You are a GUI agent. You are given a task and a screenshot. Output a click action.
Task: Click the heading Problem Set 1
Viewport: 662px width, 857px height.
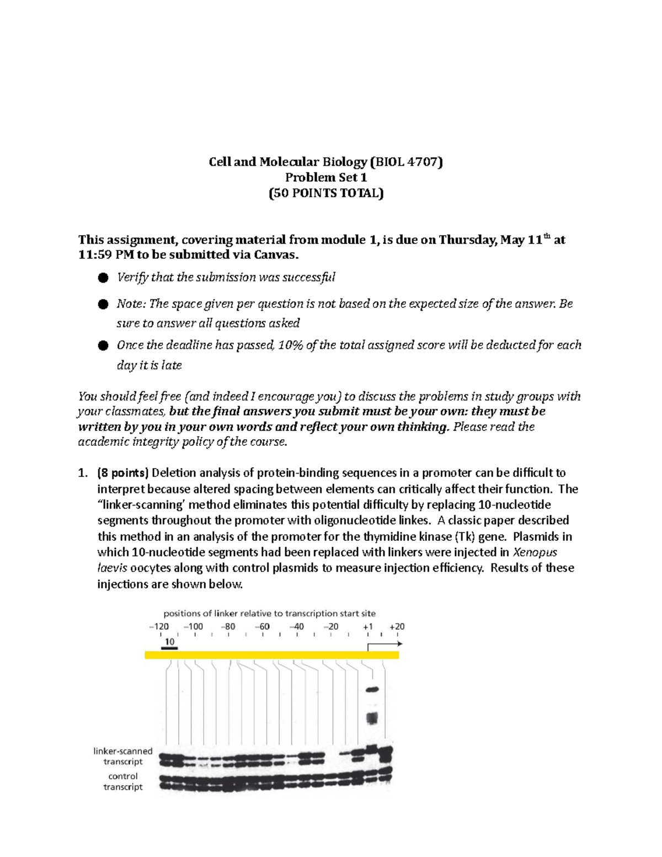(x=325, y=177)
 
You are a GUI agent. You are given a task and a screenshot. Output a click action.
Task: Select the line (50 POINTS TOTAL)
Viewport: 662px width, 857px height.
(x=325, y=193)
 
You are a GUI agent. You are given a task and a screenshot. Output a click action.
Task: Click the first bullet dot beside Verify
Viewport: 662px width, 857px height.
(x=103, y=278)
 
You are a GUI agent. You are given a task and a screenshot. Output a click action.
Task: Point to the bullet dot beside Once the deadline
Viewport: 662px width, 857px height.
(x=103, y=345)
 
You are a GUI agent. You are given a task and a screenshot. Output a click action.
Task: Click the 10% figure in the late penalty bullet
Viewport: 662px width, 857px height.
(x=290, y=345)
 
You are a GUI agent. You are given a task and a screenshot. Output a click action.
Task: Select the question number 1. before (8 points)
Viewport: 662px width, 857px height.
(x=83, y=473)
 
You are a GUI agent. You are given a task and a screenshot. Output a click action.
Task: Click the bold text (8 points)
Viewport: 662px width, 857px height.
(x=122, y=473)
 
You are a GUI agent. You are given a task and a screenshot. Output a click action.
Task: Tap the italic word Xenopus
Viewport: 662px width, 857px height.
(x=535, y=552)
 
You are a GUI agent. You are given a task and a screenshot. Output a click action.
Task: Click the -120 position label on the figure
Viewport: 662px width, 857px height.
(x=159, y=626)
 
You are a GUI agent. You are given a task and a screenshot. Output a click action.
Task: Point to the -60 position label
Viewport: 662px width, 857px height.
(x=262, y=626)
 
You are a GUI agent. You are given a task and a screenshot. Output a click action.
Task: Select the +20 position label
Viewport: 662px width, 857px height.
(x=397, y=626)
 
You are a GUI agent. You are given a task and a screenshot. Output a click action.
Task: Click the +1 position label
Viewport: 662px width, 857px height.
(x=368, y=626)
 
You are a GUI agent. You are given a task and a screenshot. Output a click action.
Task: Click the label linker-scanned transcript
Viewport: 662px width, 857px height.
(x=122, y=756)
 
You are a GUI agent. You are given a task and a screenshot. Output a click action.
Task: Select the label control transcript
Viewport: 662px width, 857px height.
(x=122, y=781)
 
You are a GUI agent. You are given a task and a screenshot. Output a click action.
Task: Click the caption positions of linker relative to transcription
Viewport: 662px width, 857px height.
(x=269, y=613)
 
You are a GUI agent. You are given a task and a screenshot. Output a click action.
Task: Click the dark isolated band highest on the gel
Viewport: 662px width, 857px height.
(x=372, y=689)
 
